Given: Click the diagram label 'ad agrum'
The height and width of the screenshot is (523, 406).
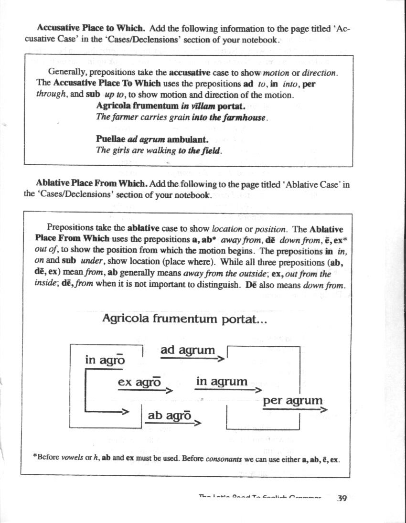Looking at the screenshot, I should pyautogui.click(x=188, y=350).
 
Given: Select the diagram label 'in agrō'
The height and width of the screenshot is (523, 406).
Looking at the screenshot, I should pyautogui.click(x=105, y=360).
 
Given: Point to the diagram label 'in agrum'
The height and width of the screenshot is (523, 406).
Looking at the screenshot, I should pyautogui.click(x=222, y=382).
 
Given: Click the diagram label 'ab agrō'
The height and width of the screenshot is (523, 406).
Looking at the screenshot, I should pyautogui.click(x=170, y=415).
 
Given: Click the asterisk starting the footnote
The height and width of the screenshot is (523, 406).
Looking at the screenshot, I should pyautogui.click(x=35, y=456).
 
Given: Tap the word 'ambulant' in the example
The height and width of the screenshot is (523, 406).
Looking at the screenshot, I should pyautogui.click(x=188, y=140).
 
